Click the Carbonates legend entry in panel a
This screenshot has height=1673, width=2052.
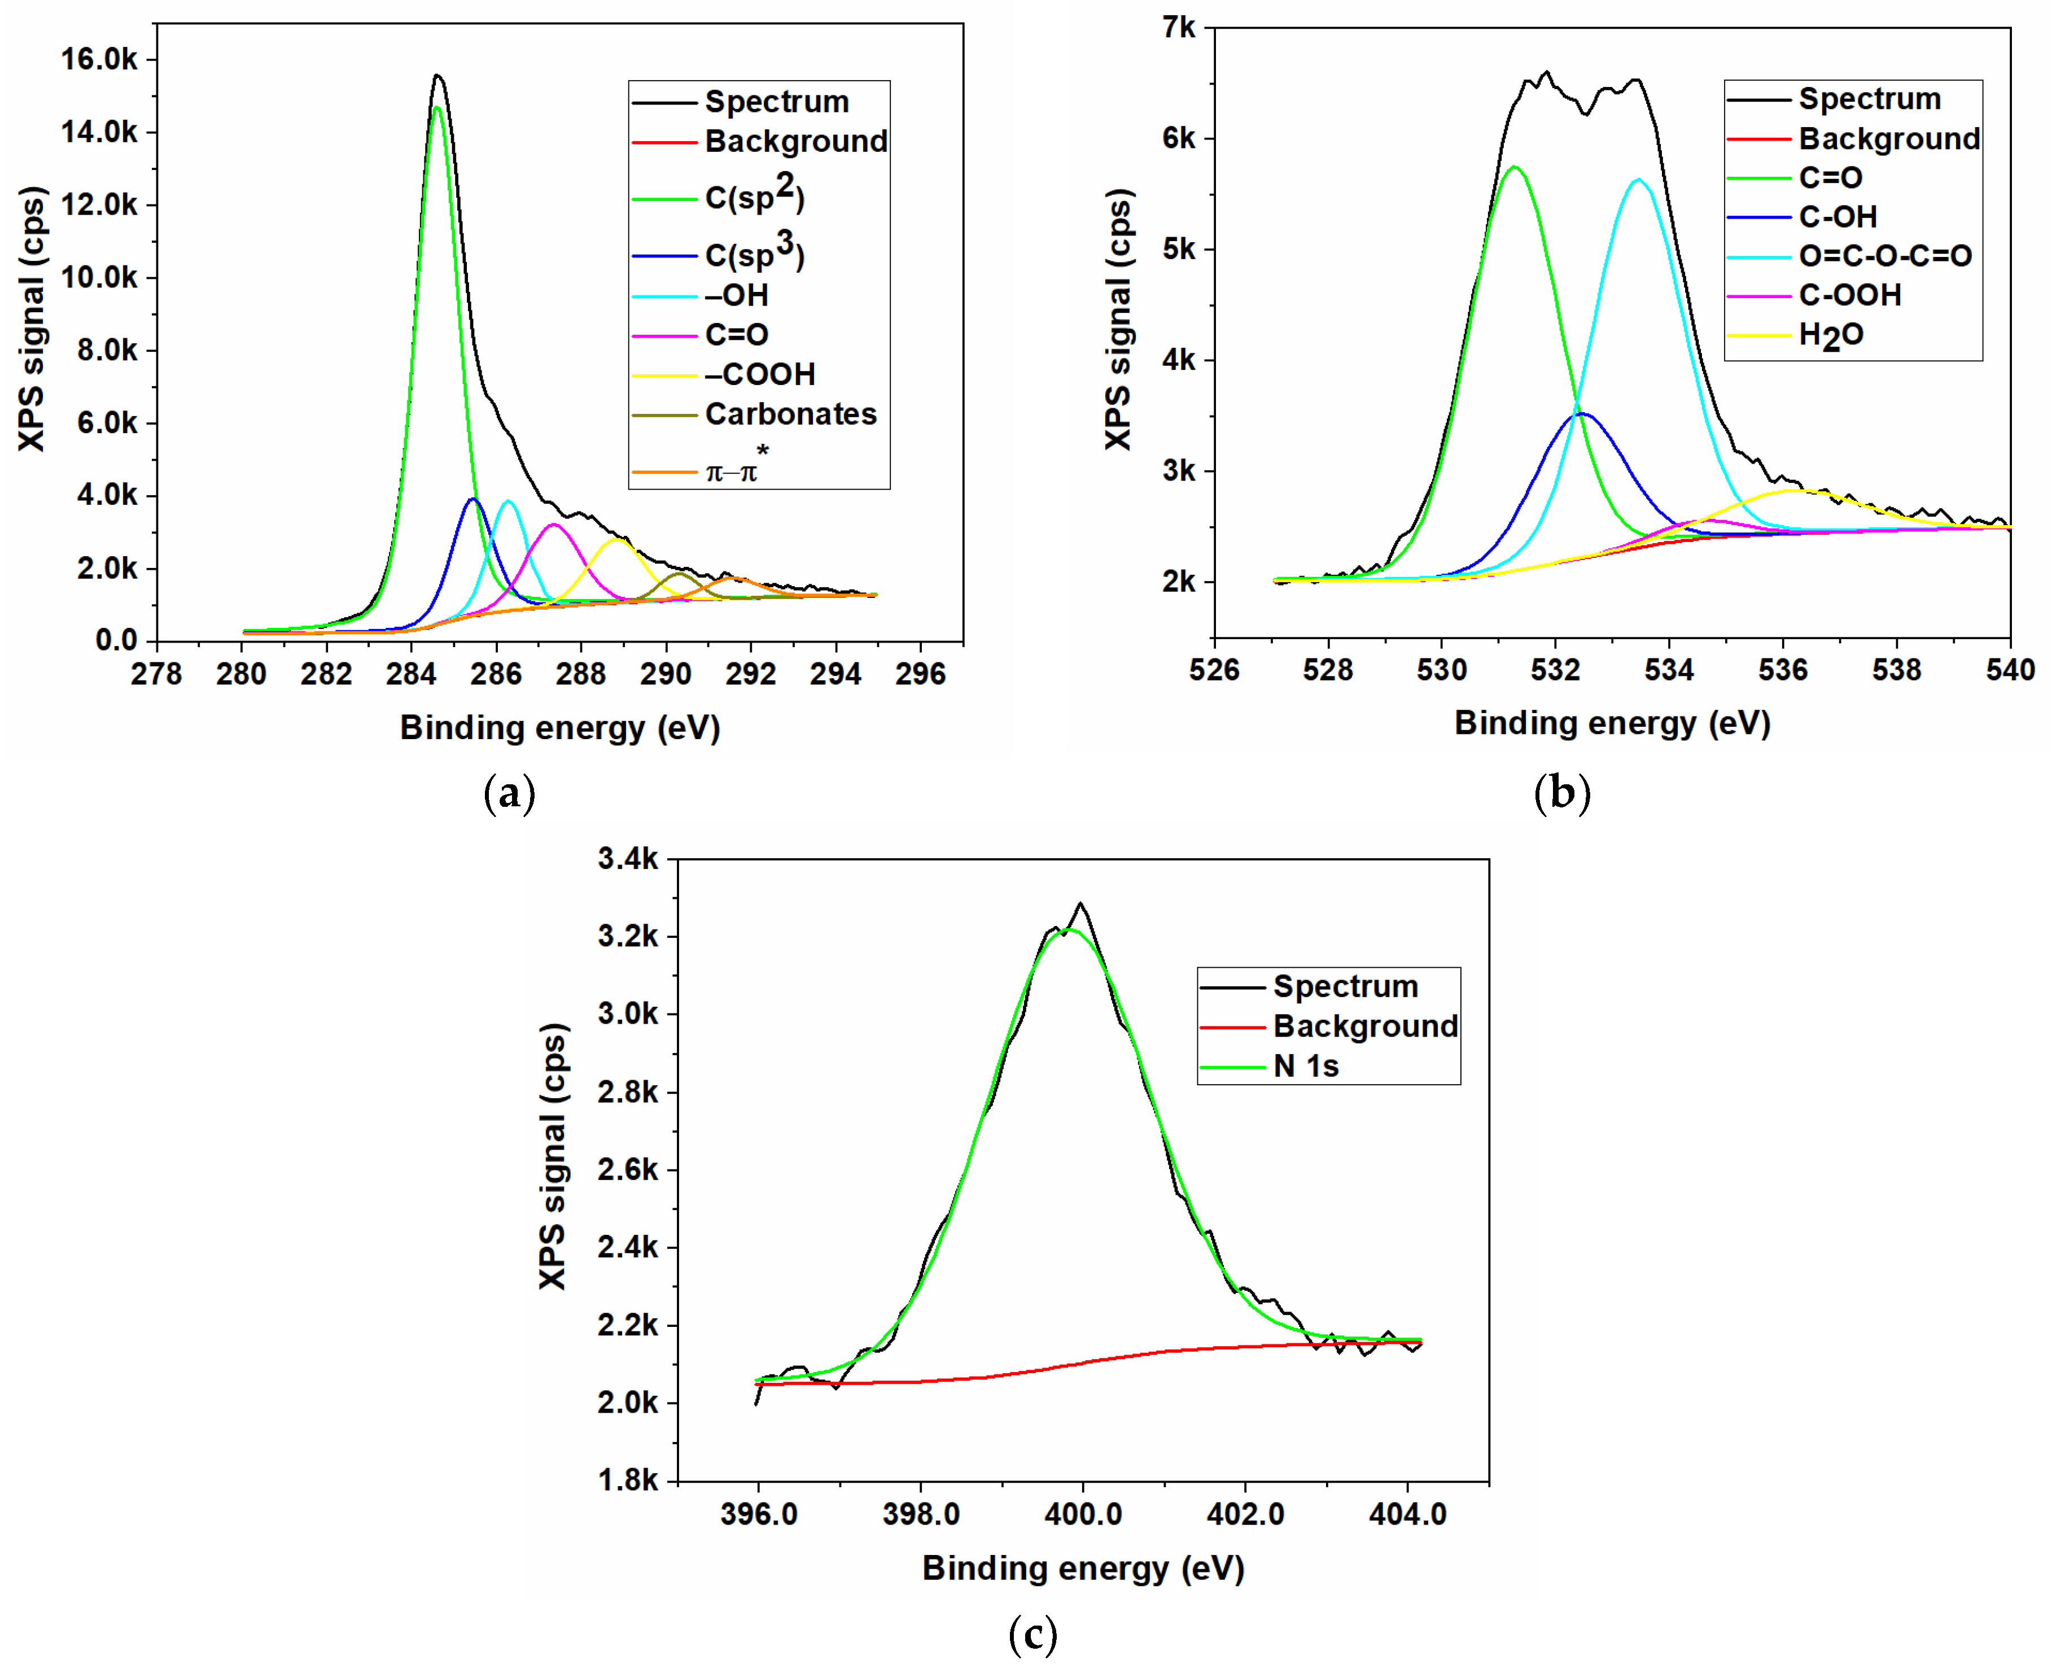(x=790, y=414)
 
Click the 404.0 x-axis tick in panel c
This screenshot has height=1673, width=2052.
(x=1407, y=1514)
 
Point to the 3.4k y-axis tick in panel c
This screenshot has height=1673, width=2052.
(x=628, y=859)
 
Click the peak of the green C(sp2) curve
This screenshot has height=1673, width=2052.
(x=437, y=108)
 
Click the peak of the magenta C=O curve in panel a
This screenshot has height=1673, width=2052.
(x=554, y=524)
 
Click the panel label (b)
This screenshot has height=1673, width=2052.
(x=1561, y=793)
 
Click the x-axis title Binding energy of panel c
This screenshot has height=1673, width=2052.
(x=1083, y=1568)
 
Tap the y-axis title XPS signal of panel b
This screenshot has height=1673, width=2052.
(x=1118, y=318)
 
